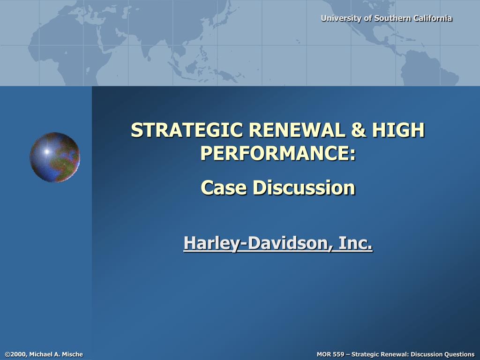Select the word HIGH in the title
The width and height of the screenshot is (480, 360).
pyautogui.click(x=398, y=130)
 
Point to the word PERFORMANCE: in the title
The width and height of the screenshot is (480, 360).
pyautogui.click(x=278, y=153)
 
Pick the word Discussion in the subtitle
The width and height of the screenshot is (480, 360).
pyautogui.click(x=304, y=187)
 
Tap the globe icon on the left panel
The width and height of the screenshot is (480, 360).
pyautogui.click(x=55, y=157)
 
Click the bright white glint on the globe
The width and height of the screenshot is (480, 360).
pyautogui.click(x=47, y=151)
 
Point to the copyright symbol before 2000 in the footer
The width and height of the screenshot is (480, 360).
pyautogui.click(x=7, y=354)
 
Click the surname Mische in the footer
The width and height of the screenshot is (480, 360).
pyautogui.click(x=73, y=354)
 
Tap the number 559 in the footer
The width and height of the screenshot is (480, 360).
pyautogui.click(x=338, y=354)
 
